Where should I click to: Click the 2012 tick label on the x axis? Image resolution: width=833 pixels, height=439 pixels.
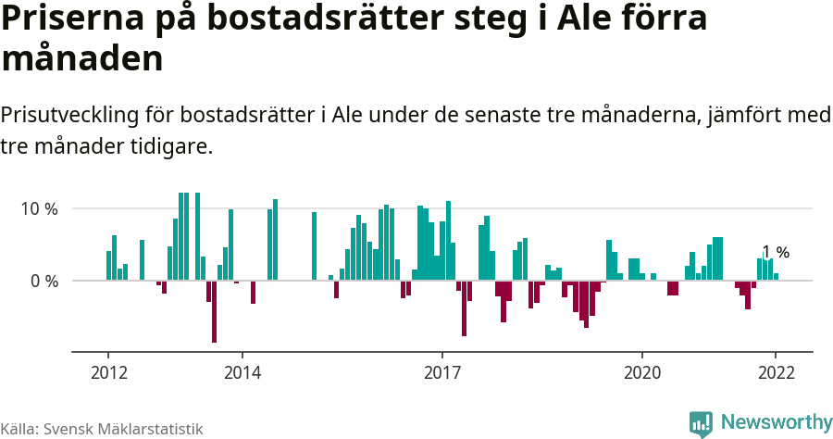point(108,373)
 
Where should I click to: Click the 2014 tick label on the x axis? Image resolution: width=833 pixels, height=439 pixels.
point(242,373)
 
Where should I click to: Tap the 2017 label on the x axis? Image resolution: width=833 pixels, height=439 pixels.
point(442,373)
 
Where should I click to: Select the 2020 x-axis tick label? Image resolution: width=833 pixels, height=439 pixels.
point(642,373)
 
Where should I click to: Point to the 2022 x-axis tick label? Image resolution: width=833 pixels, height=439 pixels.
point(776,373)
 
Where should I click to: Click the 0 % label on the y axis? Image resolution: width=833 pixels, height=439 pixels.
point(44,281)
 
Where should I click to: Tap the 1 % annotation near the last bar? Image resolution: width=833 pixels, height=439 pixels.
point(776,252)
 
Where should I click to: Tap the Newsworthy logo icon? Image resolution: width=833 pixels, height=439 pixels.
point(701,423)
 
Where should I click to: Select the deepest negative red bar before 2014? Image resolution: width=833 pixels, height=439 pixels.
point(214,311)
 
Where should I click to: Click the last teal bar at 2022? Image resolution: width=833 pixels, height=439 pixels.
point(776,276)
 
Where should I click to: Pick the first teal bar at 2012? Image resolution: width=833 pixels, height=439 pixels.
point(108,266)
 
